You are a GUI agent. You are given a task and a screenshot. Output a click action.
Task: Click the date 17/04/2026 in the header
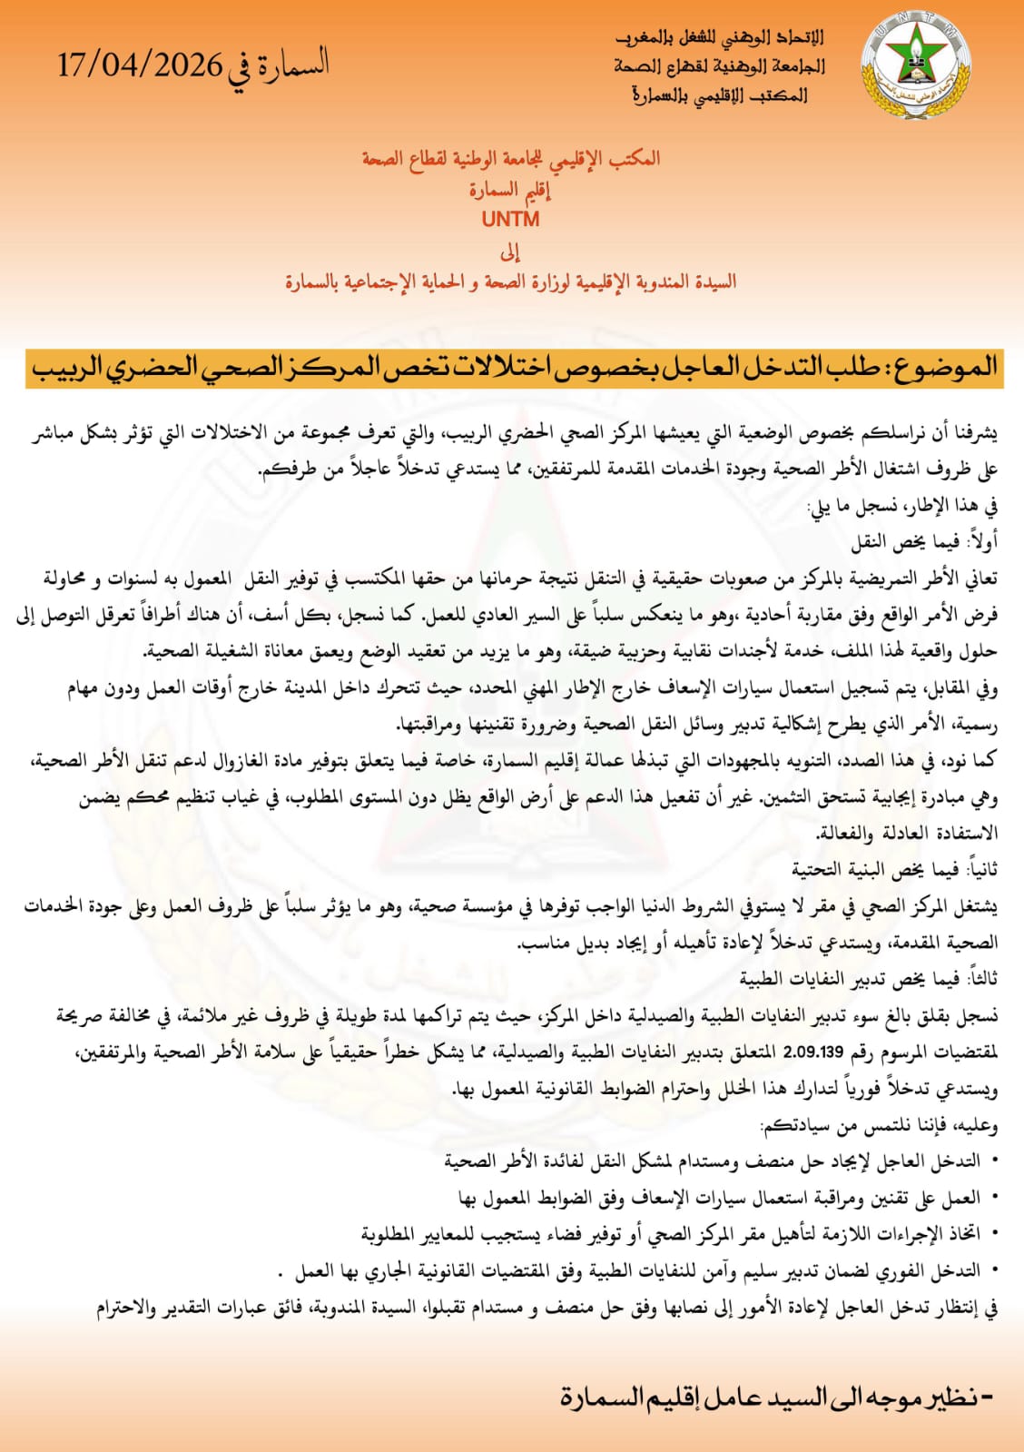(139, 65)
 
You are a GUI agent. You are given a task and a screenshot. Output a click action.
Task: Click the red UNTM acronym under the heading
(511, 219)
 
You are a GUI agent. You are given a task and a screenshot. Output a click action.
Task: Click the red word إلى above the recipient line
(510, 251)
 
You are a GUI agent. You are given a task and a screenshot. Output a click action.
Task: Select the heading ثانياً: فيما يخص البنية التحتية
(894, 869)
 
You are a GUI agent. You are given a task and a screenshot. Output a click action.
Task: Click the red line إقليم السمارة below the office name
(510, 190)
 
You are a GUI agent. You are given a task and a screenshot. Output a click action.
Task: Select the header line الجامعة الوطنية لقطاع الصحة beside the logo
(719, 66)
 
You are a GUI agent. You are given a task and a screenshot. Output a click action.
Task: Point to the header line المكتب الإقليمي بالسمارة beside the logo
(719, 94)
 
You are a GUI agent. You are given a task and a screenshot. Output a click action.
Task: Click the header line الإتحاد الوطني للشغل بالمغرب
(719, 38)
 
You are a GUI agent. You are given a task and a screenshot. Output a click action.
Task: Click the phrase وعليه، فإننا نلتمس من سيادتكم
(879, 1125)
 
